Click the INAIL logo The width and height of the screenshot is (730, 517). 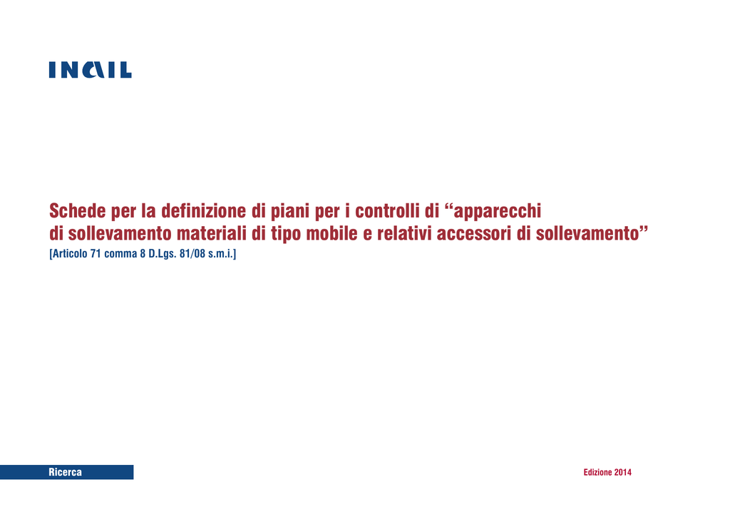91,70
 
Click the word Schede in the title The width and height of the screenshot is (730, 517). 78,211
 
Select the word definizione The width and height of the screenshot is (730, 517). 203,211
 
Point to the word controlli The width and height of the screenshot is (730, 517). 387,211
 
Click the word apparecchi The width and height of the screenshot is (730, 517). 497,212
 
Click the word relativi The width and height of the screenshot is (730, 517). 405,233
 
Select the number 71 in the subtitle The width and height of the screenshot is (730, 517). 96,254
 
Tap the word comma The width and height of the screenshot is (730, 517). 120,254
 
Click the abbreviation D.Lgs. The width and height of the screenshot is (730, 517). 162,255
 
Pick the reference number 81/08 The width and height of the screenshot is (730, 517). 192,254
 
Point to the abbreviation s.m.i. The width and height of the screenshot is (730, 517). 222,254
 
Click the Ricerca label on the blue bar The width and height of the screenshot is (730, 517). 65,472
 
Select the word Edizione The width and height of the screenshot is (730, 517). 598,472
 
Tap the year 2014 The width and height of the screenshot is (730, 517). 623,472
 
